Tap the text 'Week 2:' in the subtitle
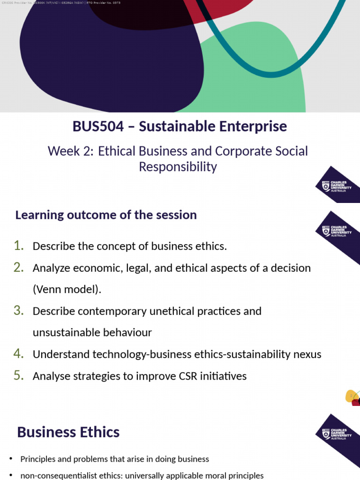tap(70, 151)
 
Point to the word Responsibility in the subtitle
tap(178, 167)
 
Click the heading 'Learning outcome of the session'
tap(106, 215)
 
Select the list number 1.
tap(19, 246)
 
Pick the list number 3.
tap(19, 310)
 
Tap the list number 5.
tap(19, 375)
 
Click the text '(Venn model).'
tap(67, 289)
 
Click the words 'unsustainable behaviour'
tap(92, 332)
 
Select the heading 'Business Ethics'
tap(68, 432)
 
